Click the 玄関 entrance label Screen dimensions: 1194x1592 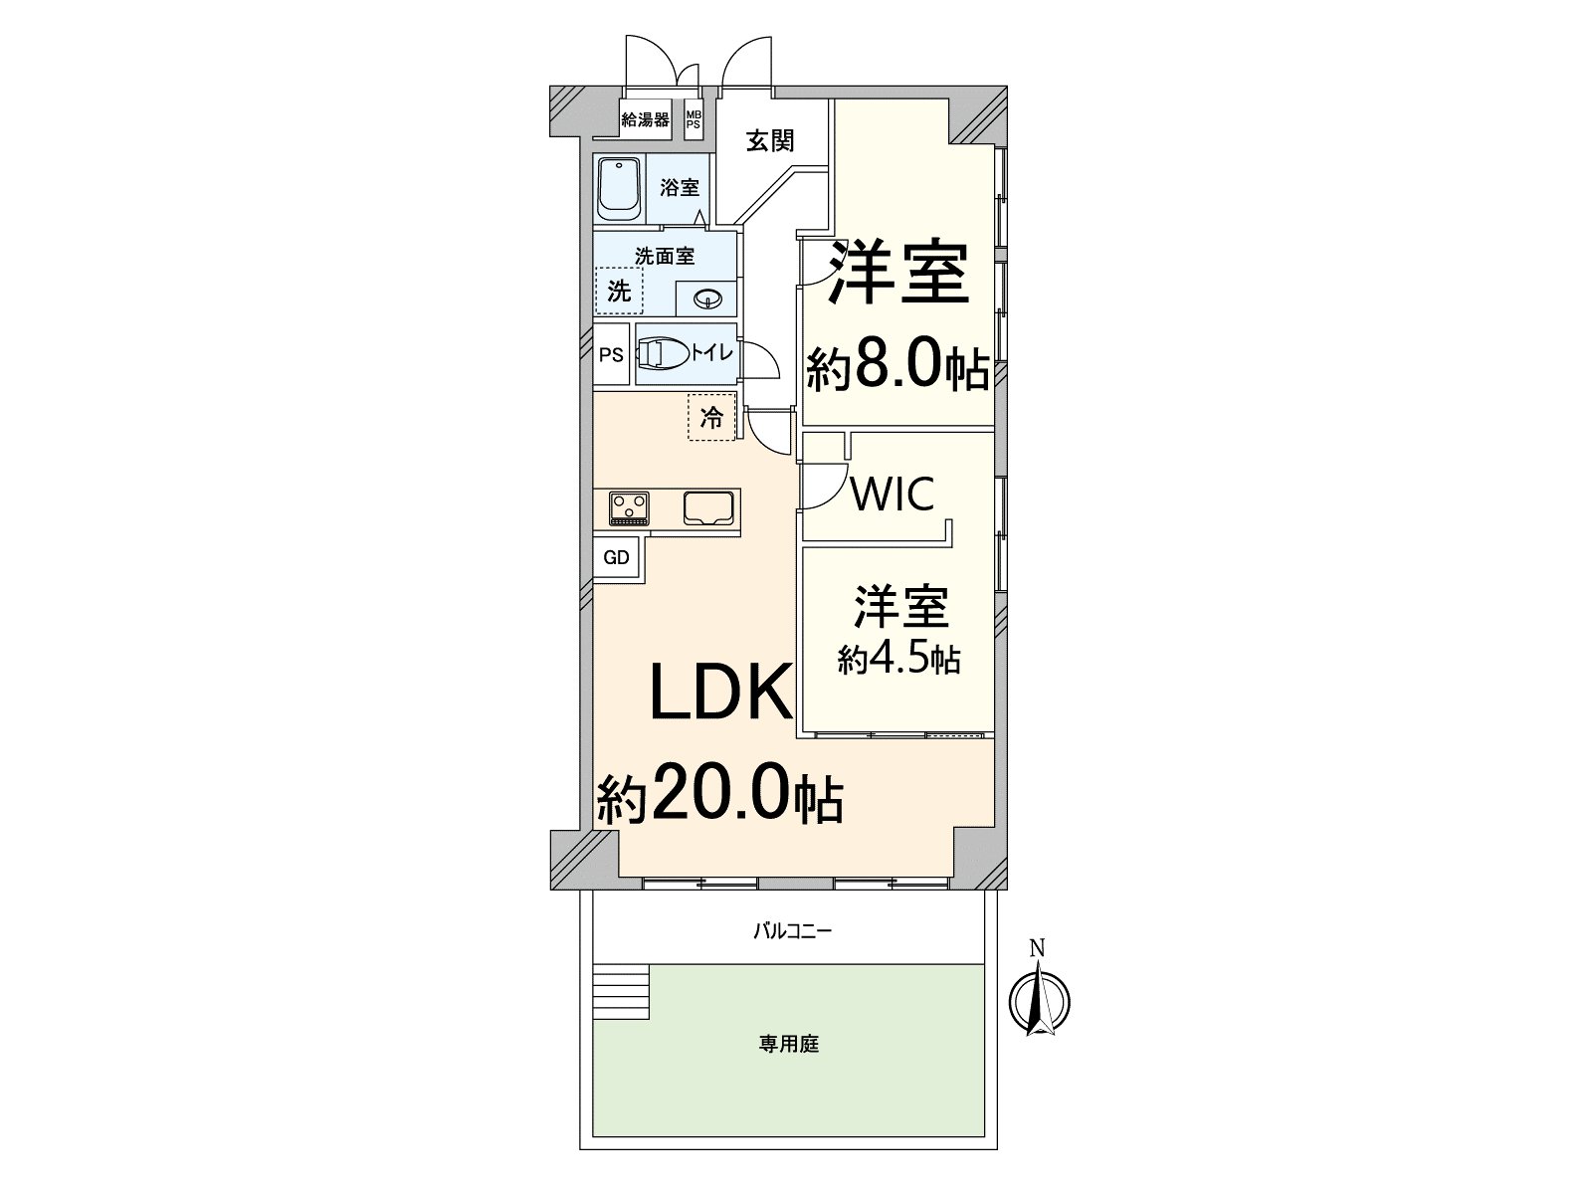pos(770,140)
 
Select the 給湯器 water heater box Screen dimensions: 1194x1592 pos(645,120)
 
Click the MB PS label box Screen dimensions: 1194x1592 pos(693,120)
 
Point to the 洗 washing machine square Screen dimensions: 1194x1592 pos(619,292)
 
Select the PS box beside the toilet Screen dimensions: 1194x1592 pos(611,354)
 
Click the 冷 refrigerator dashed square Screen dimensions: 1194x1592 pos(711,418)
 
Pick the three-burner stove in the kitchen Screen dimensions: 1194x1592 pos(629,507)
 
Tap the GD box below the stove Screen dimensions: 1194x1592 pos(617,558)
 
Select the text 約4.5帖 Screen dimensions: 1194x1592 pos(898,660)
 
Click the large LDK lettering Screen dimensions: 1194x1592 pos(720,692)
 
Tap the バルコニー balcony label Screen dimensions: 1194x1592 pos(791,932)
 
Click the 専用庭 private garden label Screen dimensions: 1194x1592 pos(788,1045)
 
